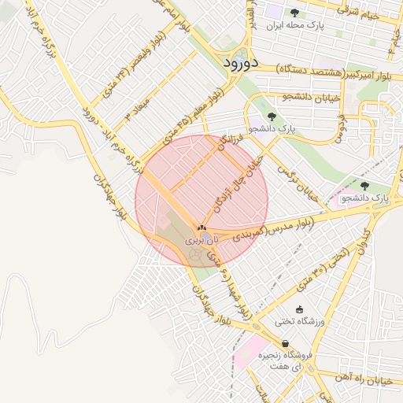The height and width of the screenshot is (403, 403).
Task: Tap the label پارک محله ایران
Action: [x=295, y=25]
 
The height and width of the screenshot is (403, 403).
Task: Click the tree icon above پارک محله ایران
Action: [x=294, y=12]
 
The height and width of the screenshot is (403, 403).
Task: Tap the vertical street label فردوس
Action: [x=339, y=126]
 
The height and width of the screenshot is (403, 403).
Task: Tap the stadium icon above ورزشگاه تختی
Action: [x=299, y=309]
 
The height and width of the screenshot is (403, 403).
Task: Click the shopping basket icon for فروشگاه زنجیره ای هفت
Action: [x=284, y=343]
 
